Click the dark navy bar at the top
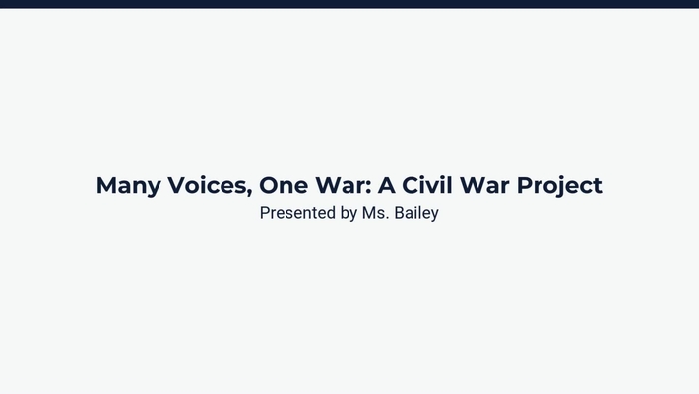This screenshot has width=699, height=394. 349,4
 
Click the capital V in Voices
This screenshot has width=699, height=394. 167,185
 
